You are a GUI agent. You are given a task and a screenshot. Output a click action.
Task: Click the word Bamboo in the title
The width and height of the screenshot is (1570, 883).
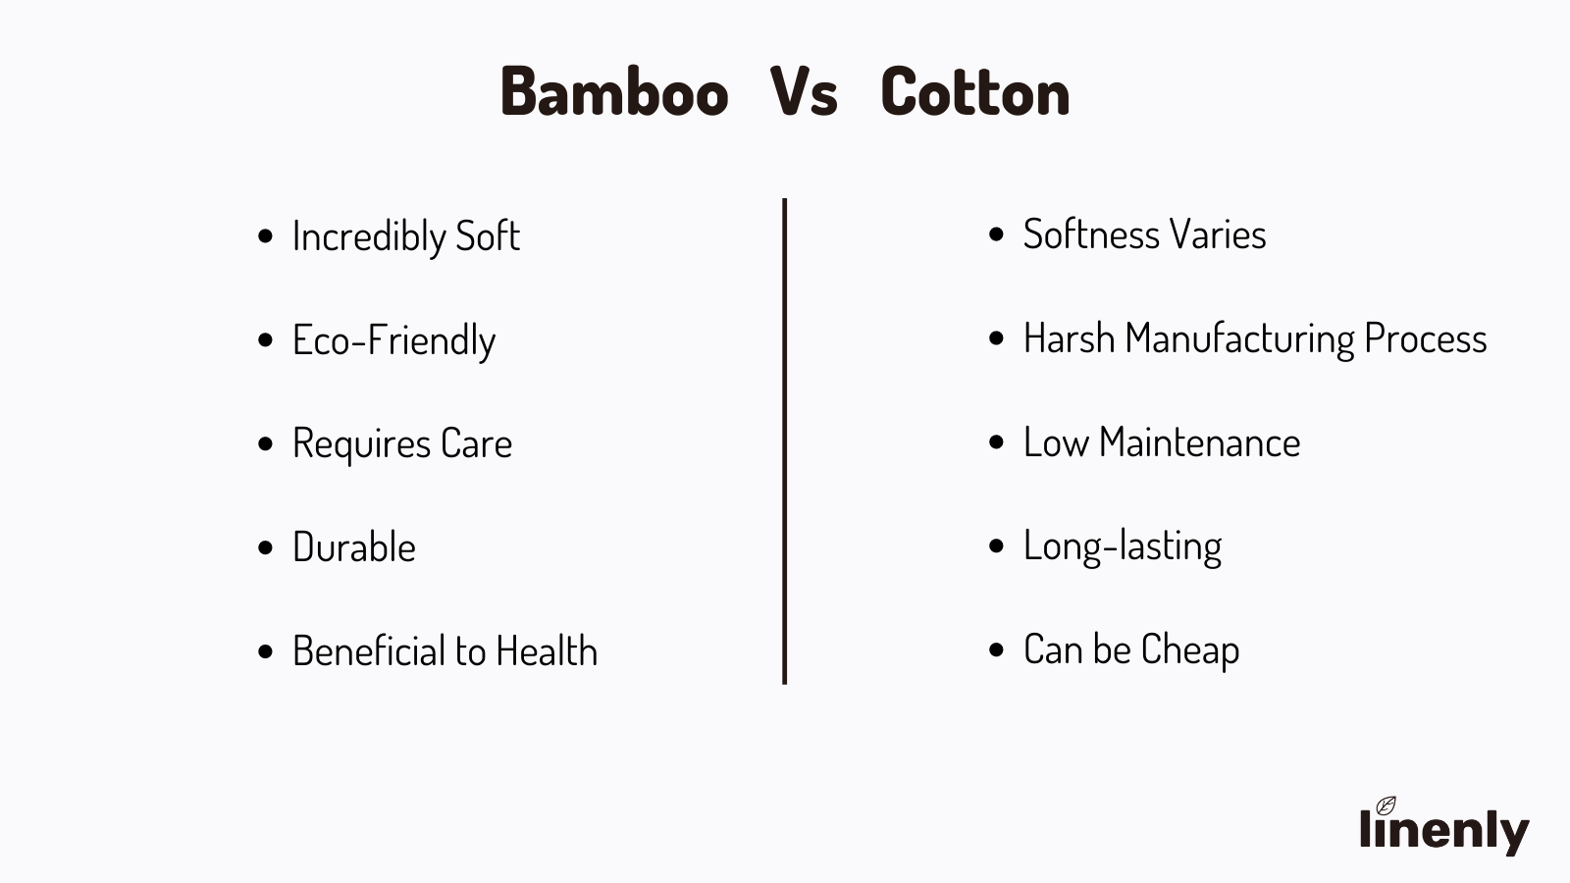[x=614, y=91]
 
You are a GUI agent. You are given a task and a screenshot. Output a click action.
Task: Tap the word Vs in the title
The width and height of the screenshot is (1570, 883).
[x=804, y=91]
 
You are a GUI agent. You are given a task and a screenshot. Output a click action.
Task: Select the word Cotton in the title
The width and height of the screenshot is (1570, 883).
[x=975, y=91]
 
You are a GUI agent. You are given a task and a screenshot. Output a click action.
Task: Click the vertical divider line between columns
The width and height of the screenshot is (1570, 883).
[x=784, y=441]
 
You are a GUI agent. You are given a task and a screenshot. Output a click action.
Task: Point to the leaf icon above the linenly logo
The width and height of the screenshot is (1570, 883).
[x=1386, y=805]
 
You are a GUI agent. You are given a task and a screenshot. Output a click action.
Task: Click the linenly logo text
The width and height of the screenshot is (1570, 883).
[x=1443, y=830]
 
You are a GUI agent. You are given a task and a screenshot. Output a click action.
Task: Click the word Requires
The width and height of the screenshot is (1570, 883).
[x=362, y=444]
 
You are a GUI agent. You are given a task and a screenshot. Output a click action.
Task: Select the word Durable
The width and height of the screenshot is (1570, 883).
[x=354, y=546]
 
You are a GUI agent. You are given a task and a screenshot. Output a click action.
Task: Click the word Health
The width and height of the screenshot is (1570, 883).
[x=547, y=650]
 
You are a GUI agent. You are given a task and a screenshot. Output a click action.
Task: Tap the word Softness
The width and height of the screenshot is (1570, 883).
[x=1091, y=234]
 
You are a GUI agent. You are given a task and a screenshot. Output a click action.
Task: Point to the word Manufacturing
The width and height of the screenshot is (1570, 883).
[x=1240, y=339]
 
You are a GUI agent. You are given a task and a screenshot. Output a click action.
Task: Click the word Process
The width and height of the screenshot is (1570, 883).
[x=1426, y=338]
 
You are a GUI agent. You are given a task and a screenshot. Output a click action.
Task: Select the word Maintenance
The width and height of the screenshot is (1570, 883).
[x=1199, y=442]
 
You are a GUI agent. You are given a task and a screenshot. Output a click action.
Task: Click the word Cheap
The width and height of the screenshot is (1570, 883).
[x=1190, y=650]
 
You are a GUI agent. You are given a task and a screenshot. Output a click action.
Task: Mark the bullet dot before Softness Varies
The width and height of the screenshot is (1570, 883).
[x=996, y=234]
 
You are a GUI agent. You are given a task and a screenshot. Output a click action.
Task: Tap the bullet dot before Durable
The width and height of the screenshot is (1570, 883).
[x=265, y=547]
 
